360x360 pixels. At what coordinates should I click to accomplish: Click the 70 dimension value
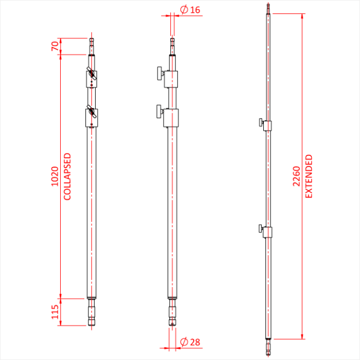55,46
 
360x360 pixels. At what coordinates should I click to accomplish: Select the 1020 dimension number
55,177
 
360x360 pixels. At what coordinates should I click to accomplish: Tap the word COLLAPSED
67,177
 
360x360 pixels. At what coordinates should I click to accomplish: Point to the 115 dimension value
55,311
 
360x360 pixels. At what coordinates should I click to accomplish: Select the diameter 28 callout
190,342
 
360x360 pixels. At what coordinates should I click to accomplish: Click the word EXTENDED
309,176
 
